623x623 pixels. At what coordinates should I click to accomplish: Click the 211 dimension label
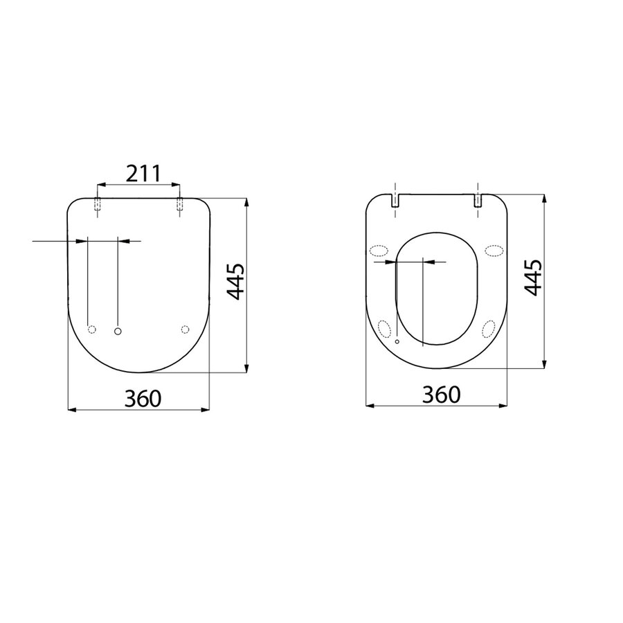(x=142, y=173)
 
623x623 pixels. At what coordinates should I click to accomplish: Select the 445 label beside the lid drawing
(x=236, y=281)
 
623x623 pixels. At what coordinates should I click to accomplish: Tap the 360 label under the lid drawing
(x=143, y=398)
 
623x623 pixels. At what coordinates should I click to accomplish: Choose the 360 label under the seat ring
(x=441, y=395)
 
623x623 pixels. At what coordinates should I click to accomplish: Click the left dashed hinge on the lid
(x=97, y=204)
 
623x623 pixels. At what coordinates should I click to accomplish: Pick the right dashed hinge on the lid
(x=180, y=204)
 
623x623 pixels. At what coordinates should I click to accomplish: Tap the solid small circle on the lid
(x=118, y=332)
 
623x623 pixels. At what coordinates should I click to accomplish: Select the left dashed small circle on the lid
(x=91, y=329)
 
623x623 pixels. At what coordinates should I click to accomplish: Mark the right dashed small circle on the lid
(x=184, y=329)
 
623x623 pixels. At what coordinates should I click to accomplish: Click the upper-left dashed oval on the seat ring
(x=380, y=251)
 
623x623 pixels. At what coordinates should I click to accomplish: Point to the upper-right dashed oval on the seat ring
(x=494, y=250)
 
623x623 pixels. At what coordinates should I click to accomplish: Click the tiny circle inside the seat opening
(x=397, y=342)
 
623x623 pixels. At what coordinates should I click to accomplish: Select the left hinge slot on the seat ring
(x=395, y=200)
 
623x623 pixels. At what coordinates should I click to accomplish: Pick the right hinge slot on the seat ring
(x=478, y=200)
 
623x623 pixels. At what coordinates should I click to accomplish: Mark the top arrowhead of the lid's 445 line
(x=247, y=202)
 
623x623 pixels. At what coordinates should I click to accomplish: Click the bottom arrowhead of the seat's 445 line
(x=545, y=365)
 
